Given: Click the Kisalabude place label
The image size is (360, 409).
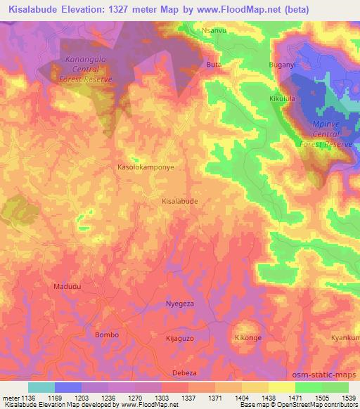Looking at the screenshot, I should [x=179, y=200].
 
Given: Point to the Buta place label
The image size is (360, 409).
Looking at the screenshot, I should [x=214, y=65].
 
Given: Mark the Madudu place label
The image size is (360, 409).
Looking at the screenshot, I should [x=67, y=287].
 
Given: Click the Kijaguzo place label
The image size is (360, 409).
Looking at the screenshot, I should [x=179, y=339].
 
